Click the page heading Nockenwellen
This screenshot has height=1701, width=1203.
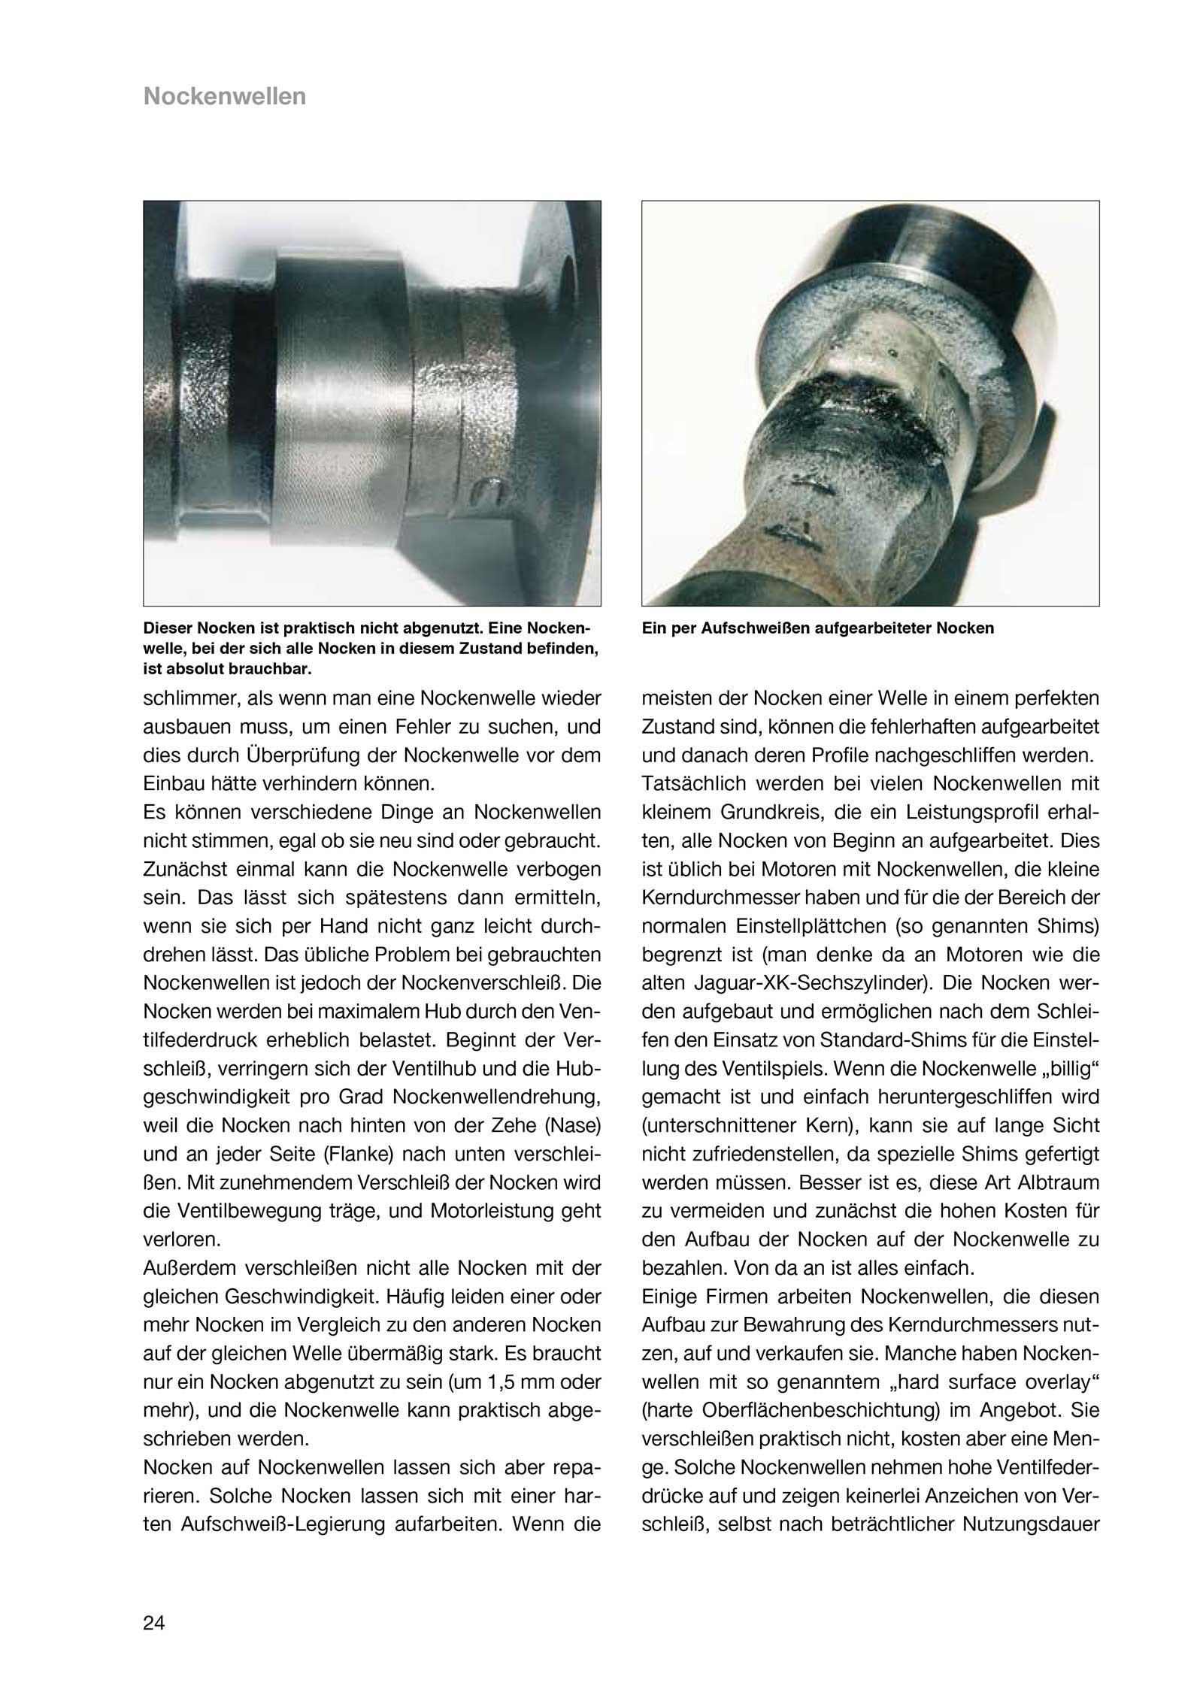[x=225, y=97]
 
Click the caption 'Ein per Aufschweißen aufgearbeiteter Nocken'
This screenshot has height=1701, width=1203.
[x=817, y=628]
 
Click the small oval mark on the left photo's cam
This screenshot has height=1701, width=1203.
[x=487, y=492]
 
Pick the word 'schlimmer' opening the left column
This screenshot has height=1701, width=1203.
[x=186, y=699]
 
